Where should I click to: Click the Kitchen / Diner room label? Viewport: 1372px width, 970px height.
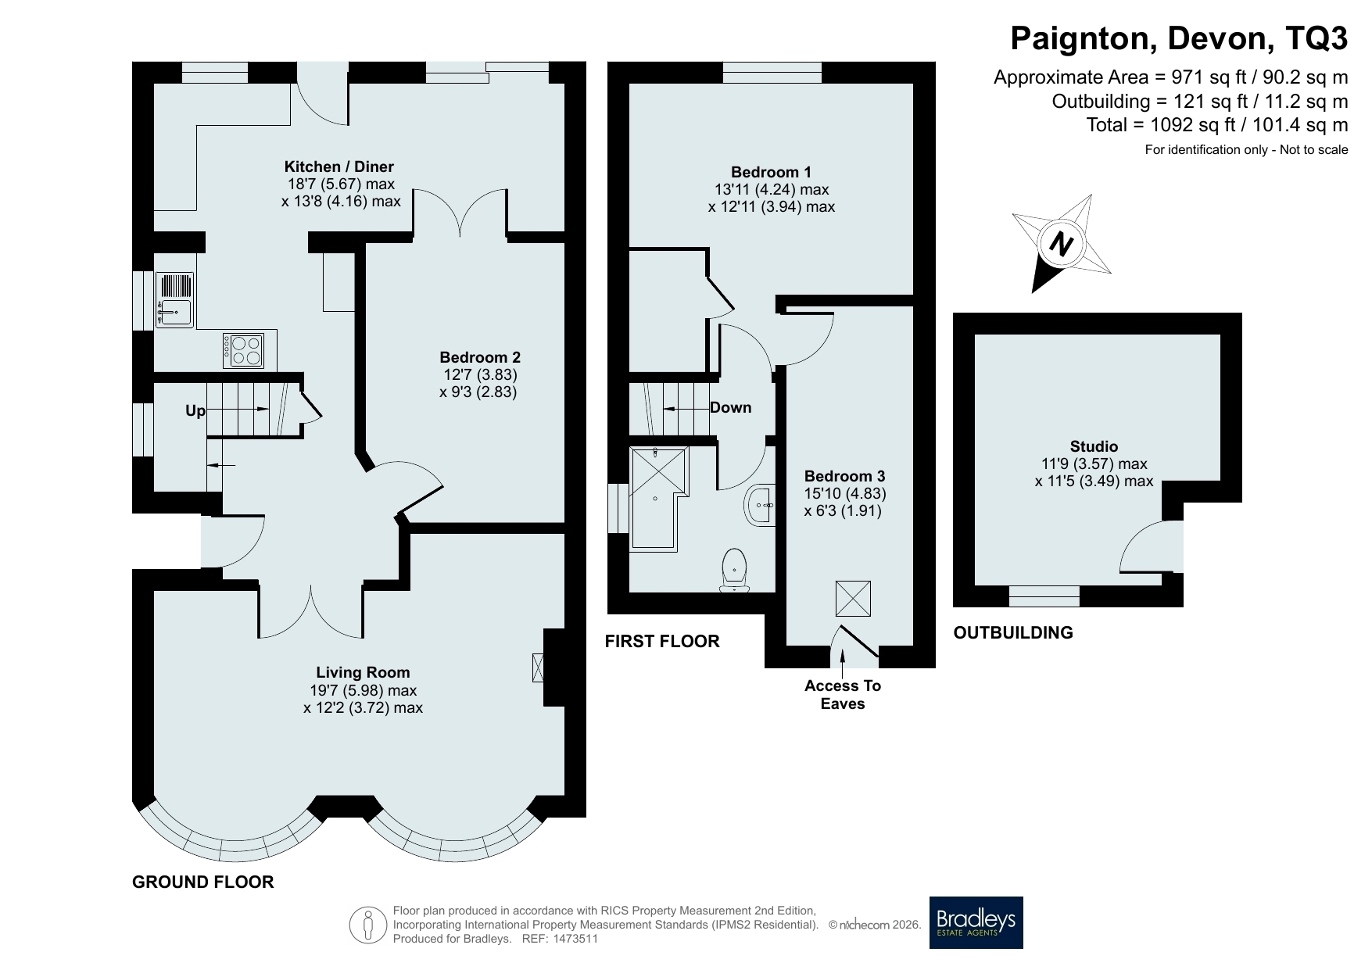[339, 166]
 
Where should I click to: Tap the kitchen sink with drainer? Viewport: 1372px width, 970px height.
[174, 299]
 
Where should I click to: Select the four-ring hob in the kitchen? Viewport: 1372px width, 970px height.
[244, 350]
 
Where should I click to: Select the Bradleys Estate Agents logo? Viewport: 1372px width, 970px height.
[976, 922]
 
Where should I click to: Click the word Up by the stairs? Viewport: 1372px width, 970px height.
[195, 410]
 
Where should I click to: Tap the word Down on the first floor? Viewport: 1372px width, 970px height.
[730, 407]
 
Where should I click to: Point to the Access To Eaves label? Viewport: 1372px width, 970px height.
[843, 695]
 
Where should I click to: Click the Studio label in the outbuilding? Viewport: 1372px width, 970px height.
[1094, 446]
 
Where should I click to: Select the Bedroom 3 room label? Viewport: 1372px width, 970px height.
[844, 476]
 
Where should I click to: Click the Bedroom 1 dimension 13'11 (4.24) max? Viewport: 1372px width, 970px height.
[772, 189]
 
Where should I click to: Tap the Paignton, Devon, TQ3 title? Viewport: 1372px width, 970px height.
[1179, 38]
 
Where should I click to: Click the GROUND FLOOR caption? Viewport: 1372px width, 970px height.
[203, 882]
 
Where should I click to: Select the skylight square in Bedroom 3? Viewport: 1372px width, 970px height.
[853, 598]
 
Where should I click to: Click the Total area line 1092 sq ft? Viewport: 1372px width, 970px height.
[1217, 125]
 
